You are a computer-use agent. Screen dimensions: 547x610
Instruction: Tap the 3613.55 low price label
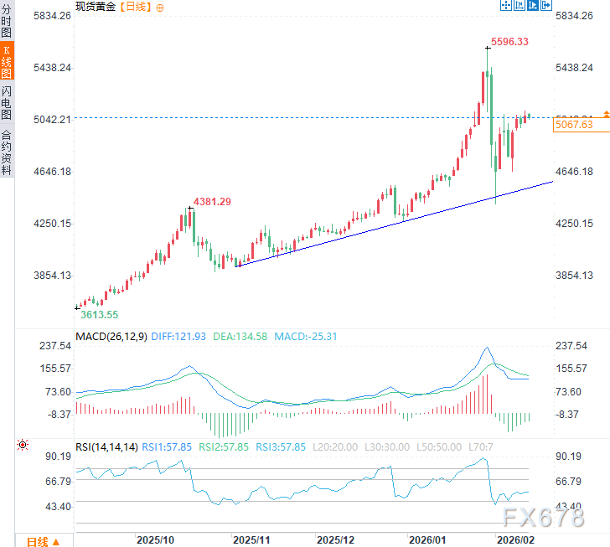pyautogui.click(x=99, y=314)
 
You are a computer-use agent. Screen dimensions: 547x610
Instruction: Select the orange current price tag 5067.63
pyautogui.click(x=574, y=125)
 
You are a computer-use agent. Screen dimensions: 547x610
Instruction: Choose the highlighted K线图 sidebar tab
pyautogui.click(x=7, y=63)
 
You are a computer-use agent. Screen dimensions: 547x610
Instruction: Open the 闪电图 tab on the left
pyautogui.click(x=7, y=102)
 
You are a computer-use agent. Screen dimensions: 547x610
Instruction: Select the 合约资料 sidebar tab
pyautogui.click(x=7, y=152)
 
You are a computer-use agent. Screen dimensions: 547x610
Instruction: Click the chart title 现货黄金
pyautogui.click(x=96, y=7)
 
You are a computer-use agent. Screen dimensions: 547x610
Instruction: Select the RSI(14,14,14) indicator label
pyautogui.click(x=107, y=447)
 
